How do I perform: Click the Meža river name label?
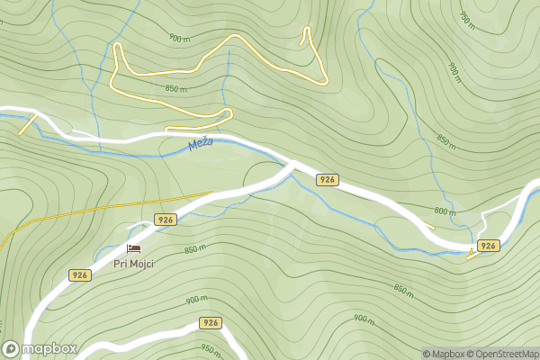200,144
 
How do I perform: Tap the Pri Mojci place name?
133,264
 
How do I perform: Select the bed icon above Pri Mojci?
134,248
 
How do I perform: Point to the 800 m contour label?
445,211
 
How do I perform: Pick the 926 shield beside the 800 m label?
488,246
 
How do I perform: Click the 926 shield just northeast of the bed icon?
165,220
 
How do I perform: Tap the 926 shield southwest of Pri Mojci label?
80,275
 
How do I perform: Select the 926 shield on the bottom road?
211,322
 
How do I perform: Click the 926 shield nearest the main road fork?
328,180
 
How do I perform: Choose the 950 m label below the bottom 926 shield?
211,349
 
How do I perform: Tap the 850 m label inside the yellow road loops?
175,89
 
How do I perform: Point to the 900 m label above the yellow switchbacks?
179,39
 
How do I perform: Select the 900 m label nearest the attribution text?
363,319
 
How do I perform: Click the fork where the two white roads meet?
293,165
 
